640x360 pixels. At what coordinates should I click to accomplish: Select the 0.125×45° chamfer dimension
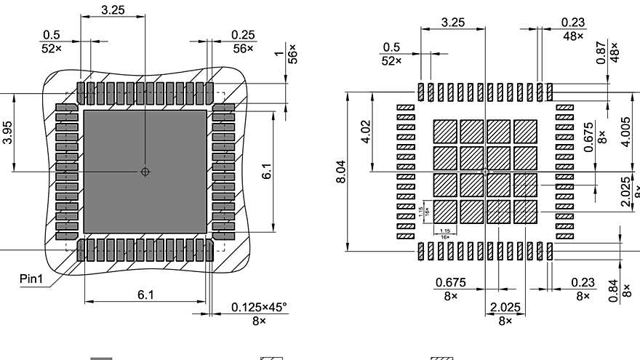259,307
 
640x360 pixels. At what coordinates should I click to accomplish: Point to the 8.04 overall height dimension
343,172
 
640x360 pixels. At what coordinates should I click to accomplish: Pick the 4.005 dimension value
625,132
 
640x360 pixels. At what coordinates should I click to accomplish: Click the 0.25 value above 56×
242,35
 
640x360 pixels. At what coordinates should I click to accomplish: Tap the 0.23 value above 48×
573,23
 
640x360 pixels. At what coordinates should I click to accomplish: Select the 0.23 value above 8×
583,282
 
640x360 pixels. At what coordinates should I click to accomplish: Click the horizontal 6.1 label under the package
145,295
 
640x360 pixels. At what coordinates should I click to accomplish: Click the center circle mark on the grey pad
145,172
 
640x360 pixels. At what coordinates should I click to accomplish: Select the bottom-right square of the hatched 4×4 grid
524,212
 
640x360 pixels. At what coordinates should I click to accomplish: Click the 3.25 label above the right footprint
453,23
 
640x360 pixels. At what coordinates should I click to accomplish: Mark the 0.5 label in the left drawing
52,35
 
